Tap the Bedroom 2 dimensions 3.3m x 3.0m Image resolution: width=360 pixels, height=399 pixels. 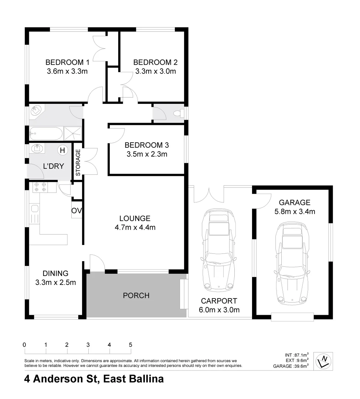[x=153, y=71]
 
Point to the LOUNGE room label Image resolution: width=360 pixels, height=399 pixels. [x=135, y=218]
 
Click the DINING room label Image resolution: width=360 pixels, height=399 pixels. [x=55, y=273]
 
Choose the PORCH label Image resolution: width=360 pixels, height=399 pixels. [x=136, y=296]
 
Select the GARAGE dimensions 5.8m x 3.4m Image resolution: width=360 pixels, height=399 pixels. [x=295, y=212]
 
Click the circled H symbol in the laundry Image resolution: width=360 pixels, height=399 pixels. [x=62, y=150]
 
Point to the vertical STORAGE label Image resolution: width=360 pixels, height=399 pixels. [x=78, y=163]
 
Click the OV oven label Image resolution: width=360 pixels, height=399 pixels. [x=77, y=211]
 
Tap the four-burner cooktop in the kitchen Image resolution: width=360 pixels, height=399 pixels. [x=40, y=187]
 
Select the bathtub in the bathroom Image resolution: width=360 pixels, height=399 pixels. [x=46, y=133]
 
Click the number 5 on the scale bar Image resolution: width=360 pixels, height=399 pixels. [x=130, y=345]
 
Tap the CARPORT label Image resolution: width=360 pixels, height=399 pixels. [x=220, y=301]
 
